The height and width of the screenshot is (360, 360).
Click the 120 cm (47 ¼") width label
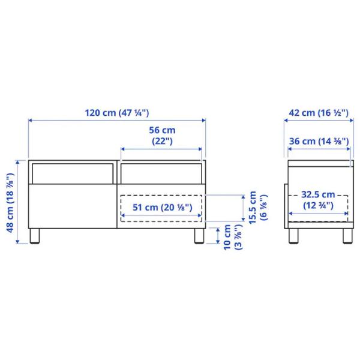[116, 112]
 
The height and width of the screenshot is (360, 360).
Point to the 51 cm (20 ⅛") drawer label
[162, 208]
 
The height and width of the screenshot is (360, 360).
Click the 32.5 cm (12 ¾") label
[318, 200]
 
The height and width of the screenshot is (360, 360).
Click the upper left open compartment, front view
[72, 172]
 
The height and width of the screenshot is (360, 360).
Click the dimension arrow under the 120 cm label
[117, 121]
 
